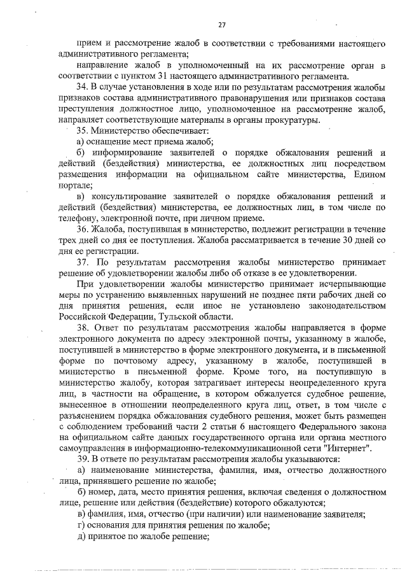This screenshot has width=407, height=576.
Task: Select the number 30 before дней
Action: click(x=341, y=240)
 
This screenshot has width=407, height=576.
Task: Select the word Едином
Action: click(x=368, y=174)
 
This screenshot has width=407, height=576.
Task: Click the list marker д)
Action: click(x=81, y=537)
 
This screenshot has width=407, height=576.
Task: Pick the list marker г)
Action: click(x=80, y=526)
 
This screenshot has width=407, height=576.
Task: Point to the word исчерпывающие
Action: click(x=353, y=284)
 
